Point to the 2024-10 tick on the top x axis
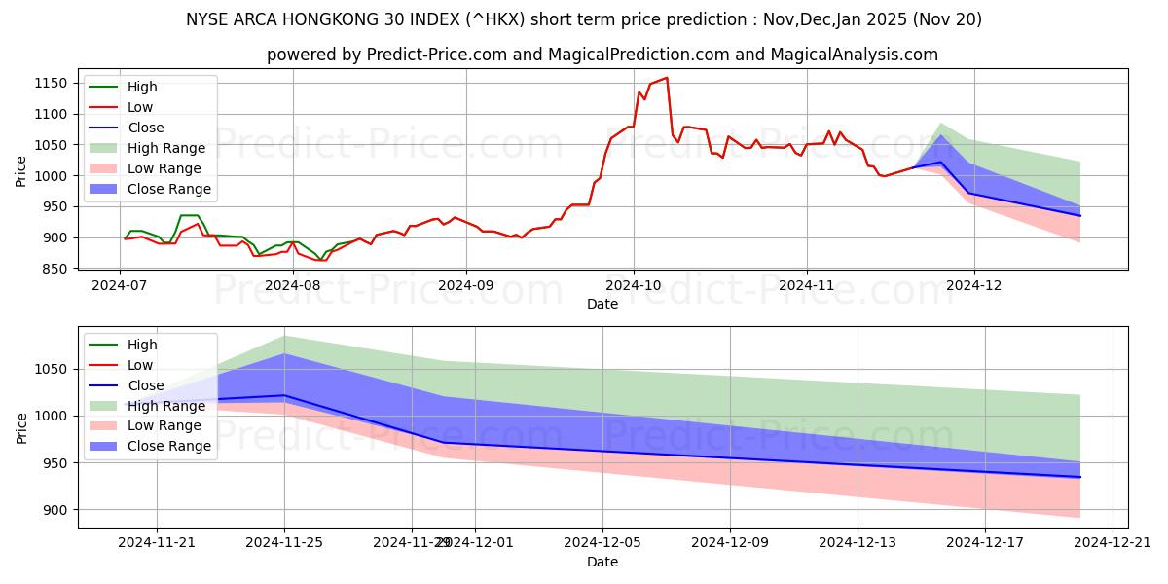coord(634,286)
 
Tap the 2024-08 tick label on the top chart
coord(292,286)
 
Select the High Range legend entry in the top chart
coord(166,148)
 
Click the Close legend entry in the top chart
coord(146,128)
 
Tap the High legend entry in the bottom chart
coord(142,345)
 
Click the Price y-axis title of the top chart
coord(21,171)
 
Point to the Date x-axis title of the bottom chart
coord(602,562)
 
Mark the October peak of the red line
coord(667,78)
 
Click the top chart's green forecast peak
coord(941,124)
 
